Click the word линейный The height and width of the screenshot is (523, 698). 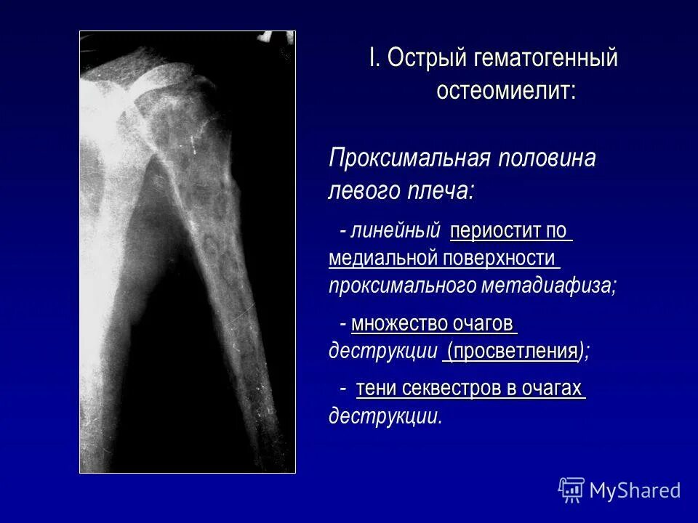396,232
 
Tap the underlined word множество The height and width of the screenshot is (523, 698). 399,323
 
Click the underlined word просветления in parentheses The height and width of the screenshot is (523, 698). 513,351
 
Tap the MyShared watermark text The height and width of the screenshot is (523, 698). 635,490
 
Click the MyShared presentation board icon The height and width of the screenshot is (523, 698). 571,490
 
